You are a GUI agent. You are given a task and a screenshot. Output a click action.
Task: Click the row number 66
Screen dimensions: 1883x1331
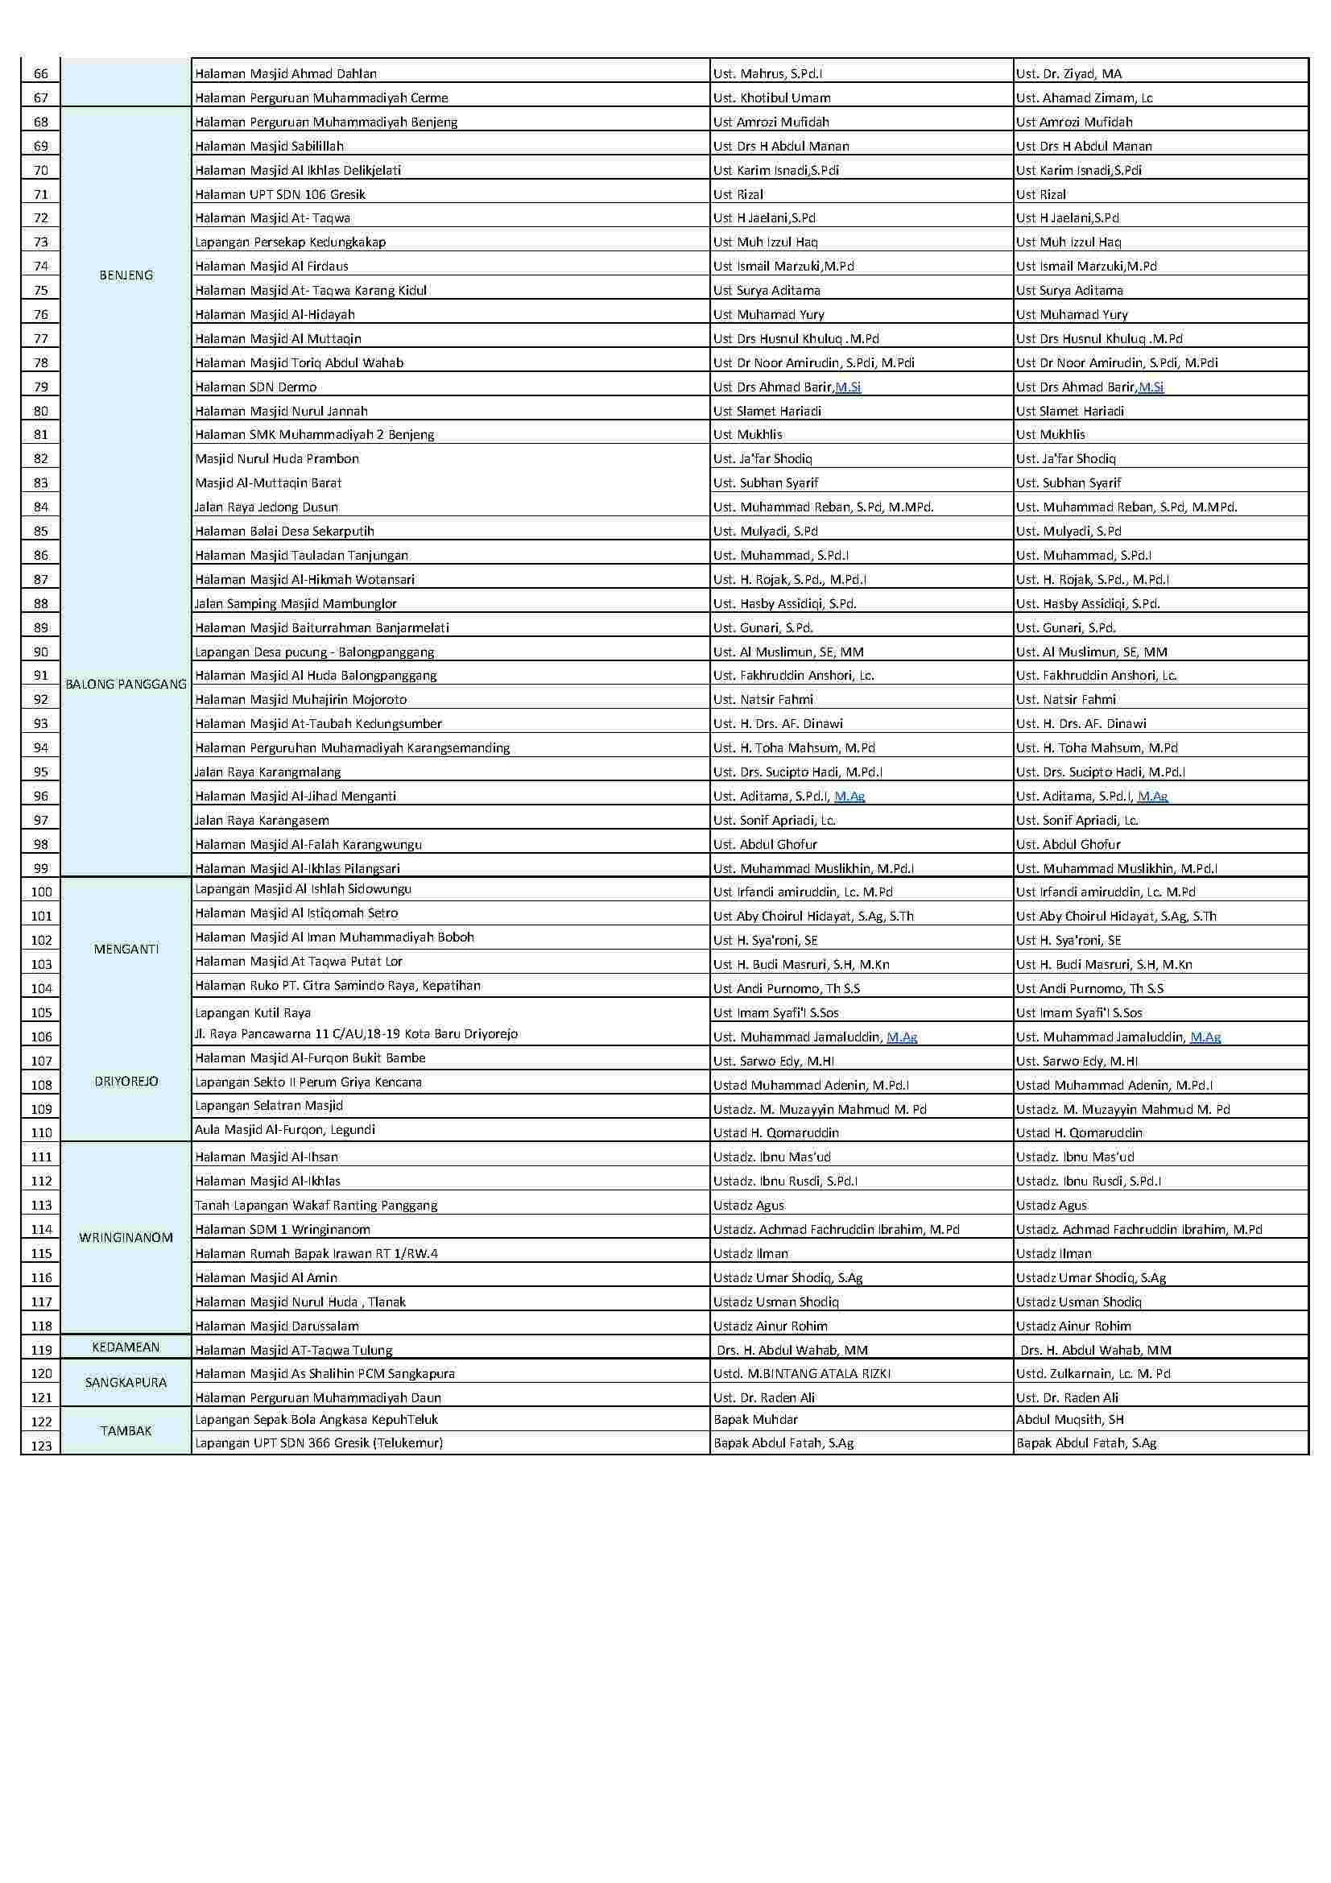click(41, 74)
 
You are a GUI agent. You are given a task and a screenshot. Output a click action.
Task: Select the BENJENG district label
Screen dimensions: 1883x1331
click(126, 275)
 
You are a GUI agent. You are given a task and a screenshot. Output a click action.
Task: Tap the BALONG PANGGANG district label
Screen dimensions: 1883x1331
click(126, 684)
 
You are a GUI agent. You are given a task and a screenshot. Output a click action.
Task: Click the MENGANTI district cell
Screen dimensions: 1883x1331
click(126, 949)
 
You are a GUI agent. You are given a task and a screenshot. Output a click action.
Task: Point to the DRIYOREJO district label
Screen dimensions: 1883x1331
click(126, 1081)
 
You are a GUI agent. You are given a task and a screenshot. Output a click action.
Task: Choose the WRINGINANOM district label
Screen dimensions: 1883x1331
click(126, 1238)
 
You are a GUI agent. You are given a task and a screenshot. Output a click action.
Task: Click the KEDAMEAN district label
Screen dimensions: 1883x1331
click(126, 1347)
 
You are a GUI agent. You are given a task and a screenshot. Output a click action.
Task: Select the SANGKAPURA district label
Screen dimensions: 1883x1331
click(126, 1382)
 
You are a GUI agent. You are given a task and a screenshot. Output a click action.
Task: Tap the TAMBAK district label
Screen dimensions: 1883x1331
click(126, 1430)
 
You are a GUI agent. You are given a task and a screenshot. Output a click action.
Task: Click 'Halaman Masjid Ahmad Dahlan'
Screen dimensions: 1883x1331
click(285, 74)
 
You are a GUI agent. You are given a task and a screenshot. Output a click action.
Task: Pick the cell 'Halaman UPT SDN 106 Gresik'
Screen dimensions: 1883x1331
click(279, 194)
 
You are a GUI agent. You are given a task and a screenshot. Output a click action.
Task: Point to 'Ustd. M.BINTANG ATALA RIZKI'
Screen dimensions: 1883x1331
click(801, 1373)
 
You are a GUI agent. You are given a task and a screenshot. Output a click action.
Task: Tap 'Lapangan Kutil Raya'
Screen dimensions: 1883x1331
click(253, 1013)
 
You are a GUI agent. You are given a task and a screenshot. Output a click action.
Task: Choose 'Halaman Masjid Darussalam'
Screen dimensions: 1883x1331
click(276, 1326)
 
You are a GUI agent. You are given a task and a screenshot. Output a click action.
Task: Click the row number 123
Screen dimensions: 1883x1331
click(41, 1446)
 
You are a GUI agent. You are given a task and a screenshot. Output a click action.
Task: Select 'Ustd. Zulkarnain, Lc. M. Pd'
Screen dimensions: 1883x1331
click(1093, 1373)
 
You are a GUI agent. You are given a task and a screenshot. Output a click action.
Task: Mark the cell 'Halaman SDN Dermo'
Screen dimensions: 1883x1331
click(255, 387)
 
